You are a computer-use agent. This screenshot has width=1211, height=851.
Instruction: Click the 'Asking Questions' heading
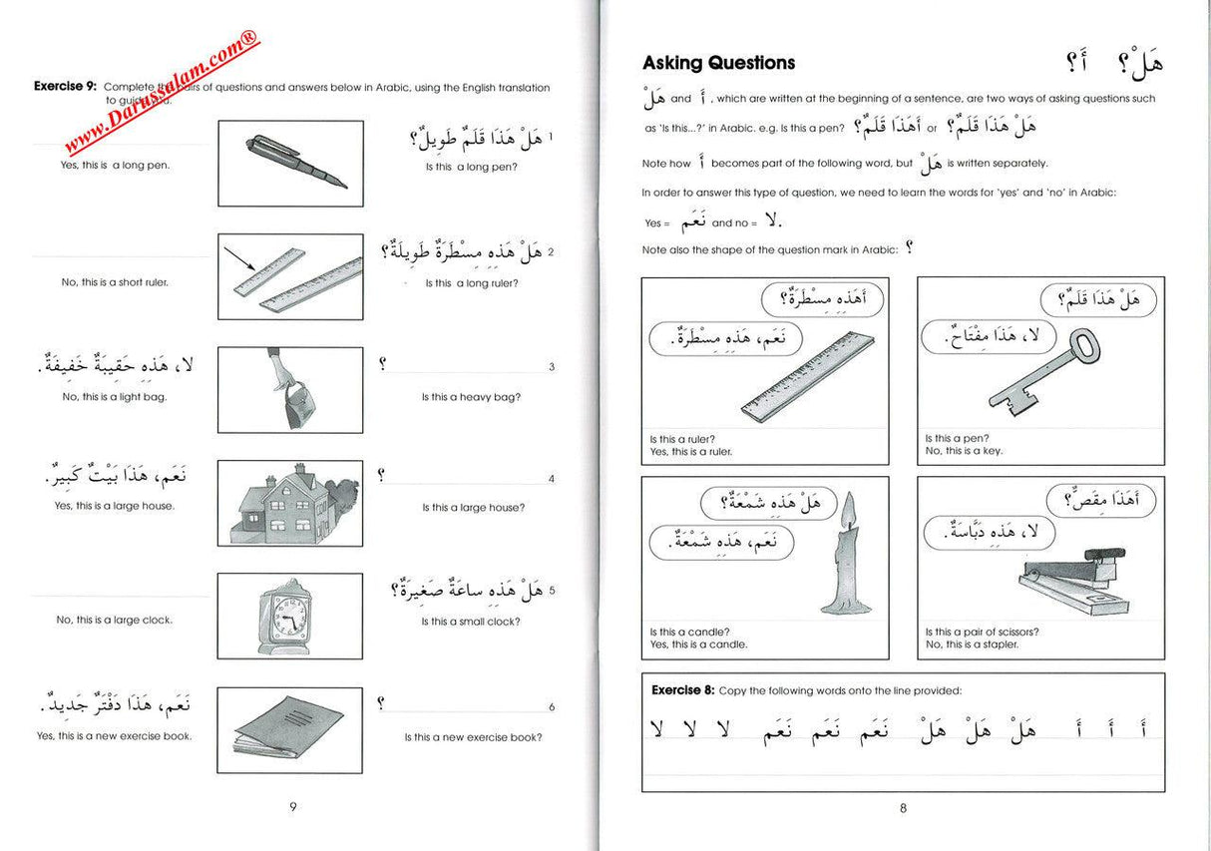click(x=718, y=63)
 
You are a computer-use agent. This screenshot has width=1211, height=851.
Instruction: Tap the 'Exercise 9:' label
click(x=66, y=87)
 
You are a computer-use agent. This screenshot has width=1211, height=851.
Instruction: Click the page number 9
click(x=292, y=807)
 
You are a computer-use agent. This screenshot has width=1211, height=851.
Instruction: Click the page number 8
click(x=903, y=808)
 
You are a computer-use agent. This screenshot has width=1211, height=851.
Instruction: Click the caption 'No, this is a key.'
click(x=964, y=451)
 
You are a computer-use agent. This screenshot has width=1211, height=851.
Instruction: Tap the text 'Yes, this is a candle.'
click(x=698, y=644)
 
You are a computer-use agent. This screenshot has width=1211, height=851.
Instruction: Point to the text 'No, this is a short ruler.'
click(x=115, y=282)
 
